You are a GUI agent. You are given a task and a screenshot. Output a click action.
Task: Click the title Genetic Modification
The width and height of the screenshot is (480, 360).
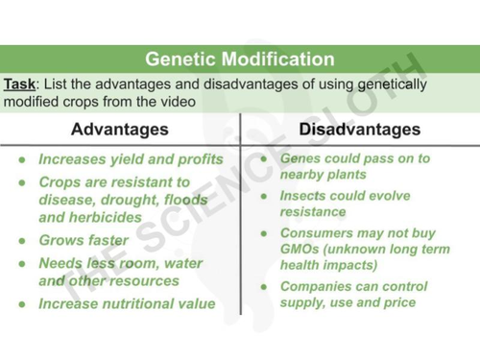240,60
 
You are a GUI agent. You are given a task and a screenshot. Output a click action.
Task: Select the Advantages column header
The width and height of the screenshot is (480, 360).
119,129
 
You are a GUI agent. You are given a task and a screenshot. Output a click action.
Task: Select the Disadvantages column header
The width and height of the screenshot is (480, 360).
359,129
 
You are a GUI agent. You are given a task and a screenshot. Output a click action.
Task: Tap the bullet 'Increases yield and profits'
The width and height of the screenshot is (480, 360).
131,159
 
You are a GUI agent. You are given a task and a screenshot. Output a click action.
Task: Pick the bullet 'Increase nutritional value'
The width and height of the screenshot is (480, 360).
127,303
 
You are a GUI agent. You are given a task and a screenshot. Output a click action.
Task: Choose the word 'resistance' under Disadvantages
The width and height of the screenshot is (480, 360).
313,212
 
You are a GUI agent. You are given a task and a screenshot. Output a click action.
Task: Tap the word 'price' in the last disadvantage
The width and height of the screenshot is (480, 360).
399,302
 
